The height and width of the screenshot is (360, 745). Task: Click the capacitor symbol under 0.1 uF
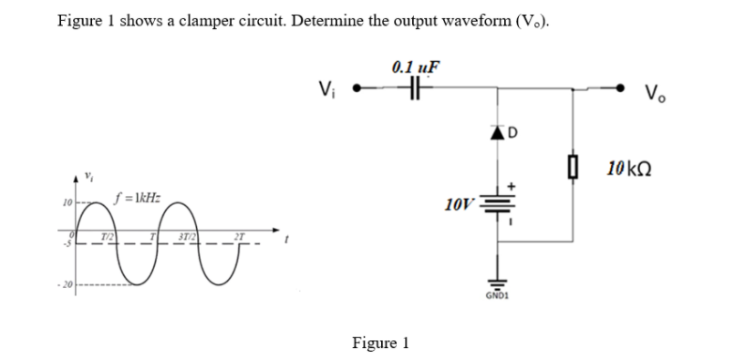[417, 89]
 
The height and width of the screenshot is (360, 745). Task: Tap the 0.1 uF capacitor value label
[416, 67]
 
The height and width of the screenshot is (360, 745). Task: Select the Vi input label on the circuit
[325, 89]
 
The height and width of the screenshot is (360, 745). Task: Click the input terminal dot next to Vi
[357, 90]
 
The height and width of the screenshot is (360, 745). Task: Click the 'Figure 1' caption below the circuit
[380, 343]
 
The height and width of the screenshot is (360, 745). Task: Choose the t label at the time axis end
[287, 242]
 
